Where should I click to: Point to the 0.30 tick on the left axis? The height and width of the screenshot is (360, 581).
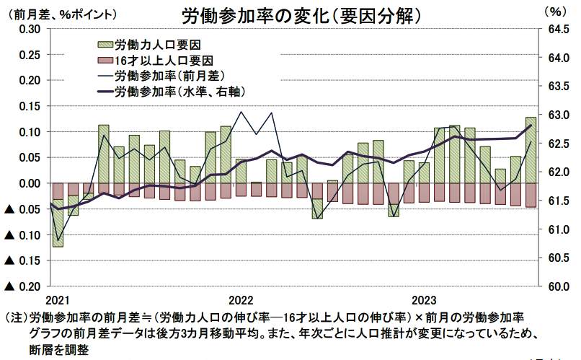coord(27,29)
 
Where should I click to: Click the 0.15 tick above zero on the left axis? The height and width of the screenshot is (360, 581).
coord(27,106)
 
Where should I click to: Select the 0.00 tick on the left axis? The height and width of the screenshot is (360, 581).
coord(27,183)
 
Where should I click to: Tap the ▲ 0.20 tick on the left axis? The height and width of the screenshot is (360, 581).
coord(22,286)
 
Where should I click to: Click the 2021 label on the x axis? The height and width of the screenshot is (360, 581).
coord(57,299)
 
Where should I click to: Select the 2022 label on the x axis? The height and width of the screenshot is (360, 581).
coord(241,299)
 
